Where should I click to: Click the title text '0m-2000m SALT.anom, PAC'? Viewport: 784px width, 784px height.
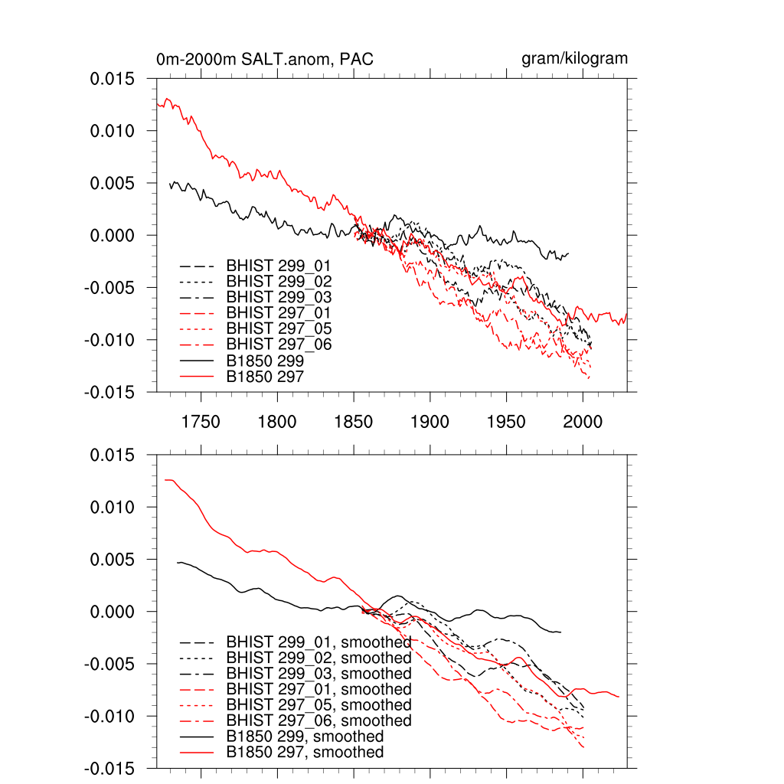265,59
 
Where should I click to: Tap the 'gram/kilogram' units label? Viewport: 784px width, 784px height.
575,58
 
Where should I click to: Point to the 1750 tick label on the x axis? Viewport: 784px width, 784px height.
201,422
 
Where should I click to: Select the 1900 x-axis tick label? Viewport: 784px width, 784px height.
430,422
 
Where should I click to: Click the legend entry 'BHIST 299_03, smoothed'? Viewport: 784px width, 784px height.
318,674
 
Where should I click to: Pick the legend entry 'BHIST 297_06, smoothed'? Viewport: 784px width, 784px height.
318,720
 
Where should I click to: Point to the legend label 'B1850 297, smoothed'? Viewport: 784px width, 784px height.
305,753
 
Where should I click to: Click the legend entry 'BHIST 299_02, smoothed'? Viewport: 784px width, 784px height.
318,658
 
